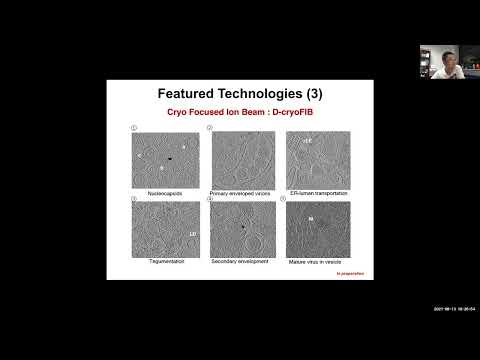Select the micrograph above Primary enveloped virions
point(241,158)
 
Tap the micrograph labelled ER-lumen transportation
point(318,158)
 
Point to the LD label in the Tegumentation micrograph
point(191,233)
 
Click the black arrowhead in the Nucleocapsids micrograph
point(170,158)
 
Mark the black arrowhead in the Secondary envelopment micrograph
point(242,228)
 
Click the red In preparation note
point(350,272)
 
